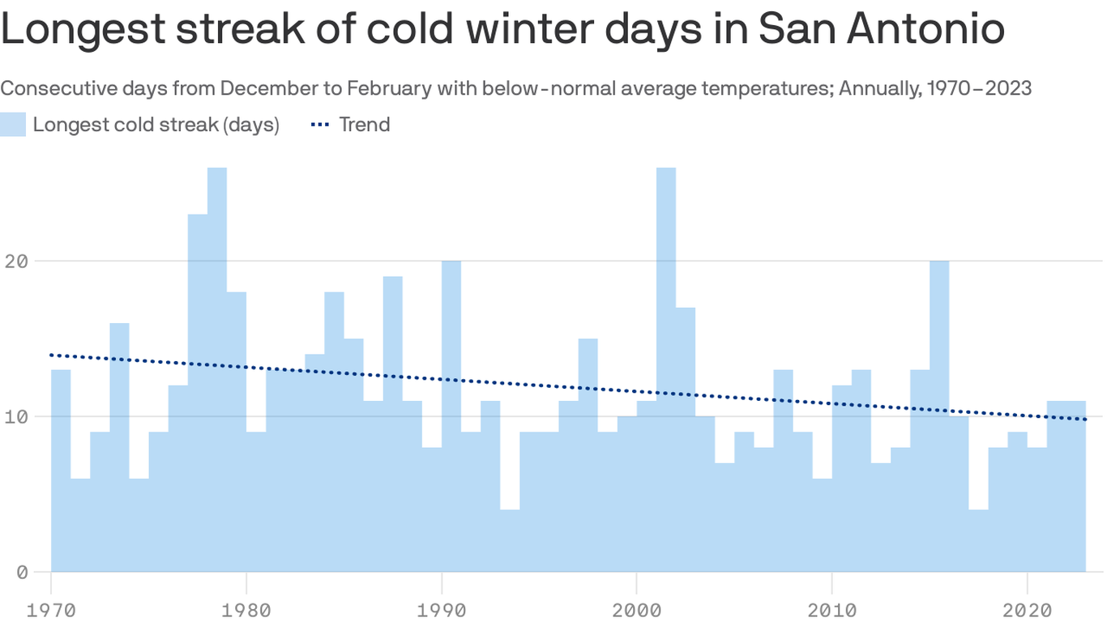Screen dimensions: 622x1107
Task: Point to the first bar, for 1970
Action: click(61, 471)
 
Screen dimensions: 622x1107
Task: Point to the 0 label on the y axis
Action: click(21, 573)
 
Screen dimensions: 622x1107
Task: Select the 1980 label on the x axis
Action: click(246, 608)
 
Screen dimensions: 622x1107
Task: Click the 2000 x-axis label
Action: click(636, 608)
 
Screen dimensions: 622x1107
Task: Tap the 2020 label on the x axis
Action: click(1027, 608)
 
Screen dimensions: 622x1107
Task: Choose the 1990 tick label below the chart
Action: click(441, 608)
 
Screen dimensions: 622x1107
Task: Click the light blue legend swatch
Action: click(13, 125)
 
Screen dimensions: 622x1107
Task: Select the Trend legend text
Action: click(364, 125)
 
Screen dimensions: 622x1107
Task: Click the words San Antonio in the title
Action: click(881, 29)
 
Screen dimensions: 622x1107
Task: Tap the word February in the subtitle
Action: click(391, 87)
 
